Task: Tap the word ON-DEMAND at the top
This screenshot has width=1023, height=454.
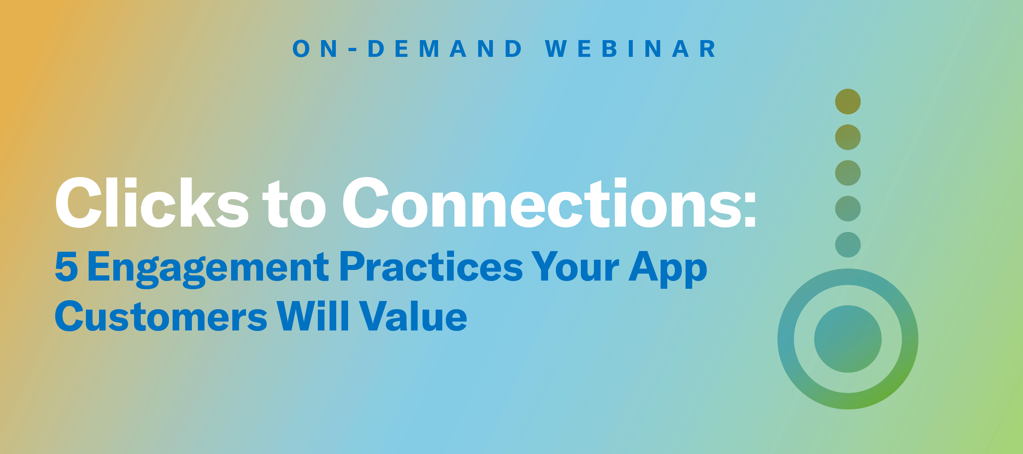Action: (x=407, y=49)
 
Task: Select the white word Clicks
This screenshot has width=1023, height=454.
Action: (x=152, y=202)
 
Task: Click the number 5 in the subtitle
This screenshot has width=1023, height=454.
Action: (x=66, y=267)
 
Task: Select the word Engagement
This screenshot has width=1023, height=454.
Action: (x=208, y=269)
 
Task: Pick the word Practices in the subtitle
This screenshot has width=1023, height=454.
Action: (x=431, y=267)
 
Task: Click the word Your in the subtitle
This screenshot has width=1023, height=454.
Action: (x=575, y=267)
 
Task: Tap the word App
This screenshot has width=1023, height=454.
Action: (x=668, y=269)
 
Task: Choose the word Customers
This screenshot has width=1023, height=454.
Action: (x=161, y=316)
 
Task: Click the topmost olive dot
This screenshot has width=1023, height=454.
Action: (x=848, y=101)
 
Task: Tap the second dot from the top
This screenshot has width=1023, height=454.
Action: (x=848, y=137)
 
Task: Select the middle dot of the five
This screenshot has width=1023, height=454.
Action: (x=848, y=173)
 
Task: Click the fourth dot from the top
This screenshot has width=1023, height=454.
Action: (x=848, y=209)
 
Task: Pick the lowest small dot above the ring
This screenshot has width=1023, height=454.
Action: (x=848, y=245)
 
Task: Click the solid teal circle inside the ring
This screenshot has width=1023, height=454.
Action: (x=848, y=339)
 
